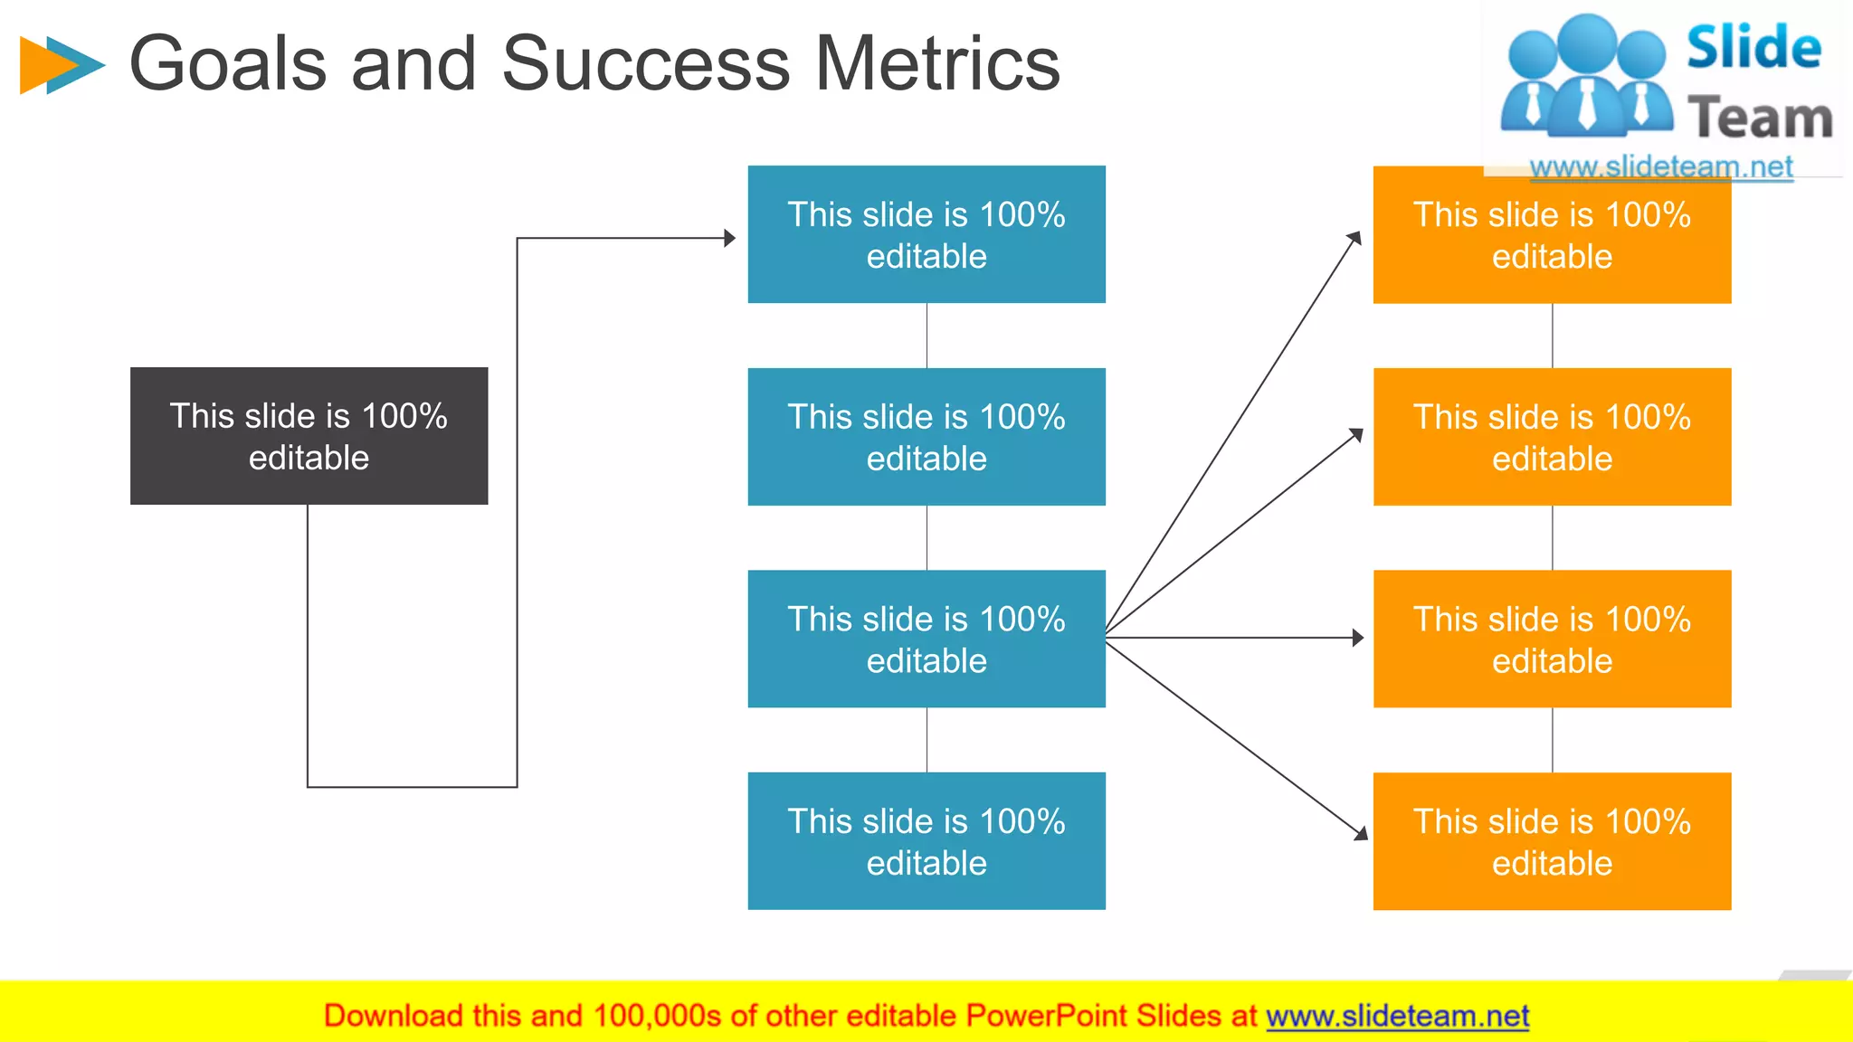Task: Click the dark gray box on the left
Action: (309, 436)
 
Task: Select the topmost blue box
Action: (926, 234)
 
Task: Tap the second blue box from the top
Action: (926, 437)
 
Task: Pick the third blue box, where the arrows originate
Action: (926, 639)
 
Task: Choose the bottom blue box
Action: (926, 841)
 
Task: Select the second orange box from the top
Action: (1552, 437)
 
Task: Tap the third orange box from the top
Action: (1552, 639)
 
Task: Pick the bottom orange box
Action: (1552, 841)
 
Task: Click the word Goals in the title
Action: (228, 63)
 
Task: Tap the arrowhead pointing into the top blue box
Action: (729, 238)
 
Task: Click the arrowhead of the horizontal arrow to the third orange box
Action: (1357, 638)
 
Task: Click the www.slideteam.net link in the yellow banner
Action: (1397, 1017)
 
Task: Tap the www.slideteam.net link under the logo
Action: (1660, 167)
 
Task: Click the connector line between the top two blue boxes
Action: (926, 336)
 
